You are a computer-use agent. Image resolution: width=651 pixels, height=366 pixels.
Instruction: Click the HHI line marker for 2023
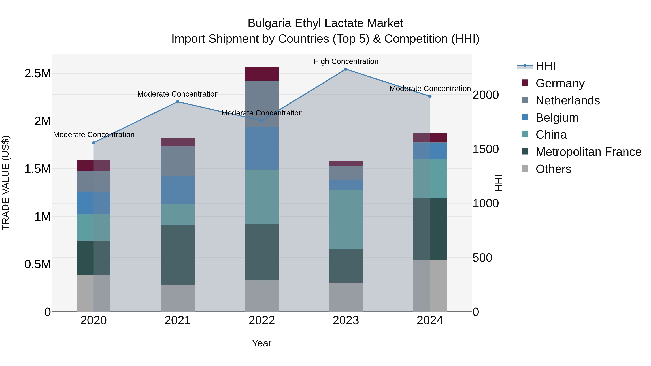click(x=346, y=69)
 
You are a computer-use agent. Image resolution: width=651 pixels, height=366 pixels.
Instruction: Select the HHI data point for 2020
click(x=93, y=143)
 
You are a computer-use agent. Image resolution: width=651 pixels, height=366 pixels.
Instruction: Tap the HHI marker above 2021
click(x=178, y=102)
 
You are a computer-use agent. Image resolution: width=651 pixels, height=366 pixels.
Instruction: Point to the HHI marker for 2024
click(x=430, y=96)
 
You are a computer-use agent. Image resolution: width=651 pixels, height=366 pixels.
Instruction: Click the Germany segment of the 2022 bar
click(x=262, y=74)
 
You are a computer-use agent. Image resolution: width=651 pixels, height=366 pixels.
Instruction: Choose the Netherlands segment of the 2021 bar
click(x=178, y=161)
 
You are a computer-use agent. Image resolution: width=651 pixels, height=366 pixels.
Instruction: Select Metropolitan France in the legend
click(x=588, y=152)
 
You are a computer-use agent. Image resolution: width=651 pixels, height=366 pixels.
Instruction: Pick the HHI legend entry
click(x=545, y=66)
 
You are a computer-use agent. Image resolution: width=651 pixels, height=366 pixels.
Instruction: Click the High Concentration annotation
click(x=346, y=62)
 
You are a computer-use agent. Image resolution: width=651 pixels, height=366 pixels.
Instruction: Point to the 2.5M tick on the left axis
click(x=38, y=74)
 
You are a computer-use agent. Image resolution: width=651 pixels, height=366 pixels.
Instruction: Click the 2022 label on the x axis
click(x=262, y=320)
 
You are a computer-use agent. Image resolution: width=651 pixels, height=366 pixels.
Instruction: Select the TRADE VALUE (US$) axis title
click(x=6, y=183)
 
